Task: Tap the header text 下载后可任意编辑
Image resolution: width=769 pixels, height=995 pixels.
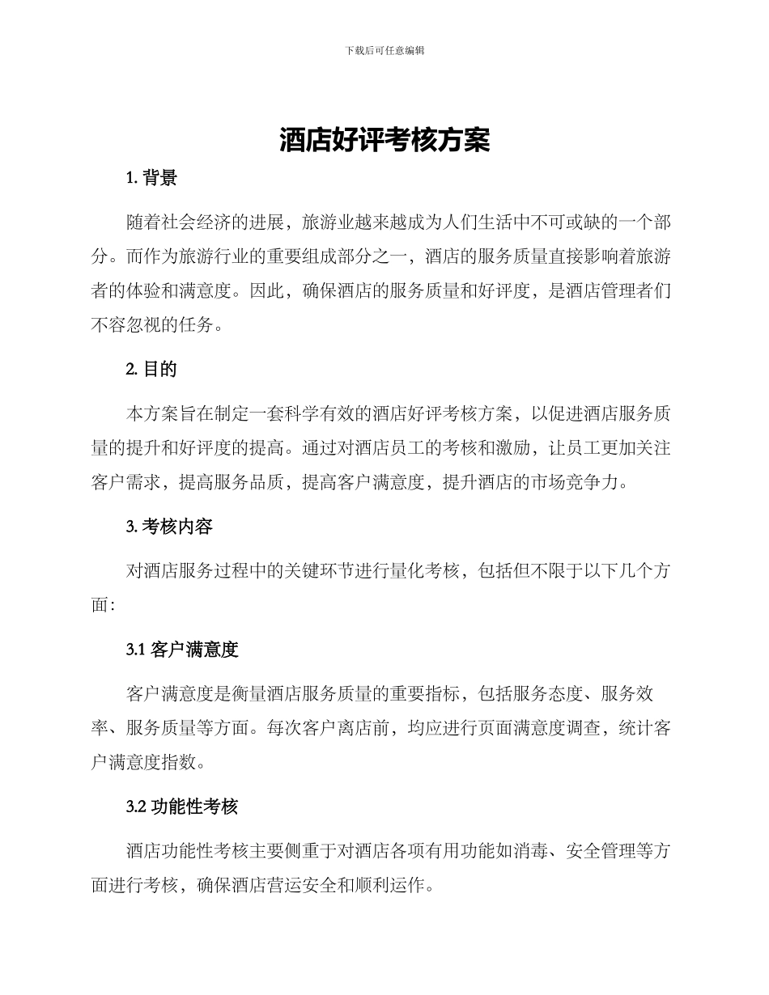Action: point(384,50)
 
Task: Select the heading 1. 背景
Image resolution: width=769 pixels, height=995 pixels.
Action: point(151,179)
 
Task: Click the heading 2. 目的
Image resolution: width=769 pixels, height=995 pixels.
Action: point(151,369)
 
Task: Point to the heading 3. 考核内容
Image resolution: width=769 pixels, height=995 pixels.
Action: point(169,527)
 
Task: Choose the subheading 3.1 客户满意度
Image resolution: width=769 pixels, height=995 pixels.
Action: point(182,649)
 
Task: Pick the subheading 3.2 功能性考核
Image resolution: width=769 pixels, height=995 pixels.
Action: point(182,807)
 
